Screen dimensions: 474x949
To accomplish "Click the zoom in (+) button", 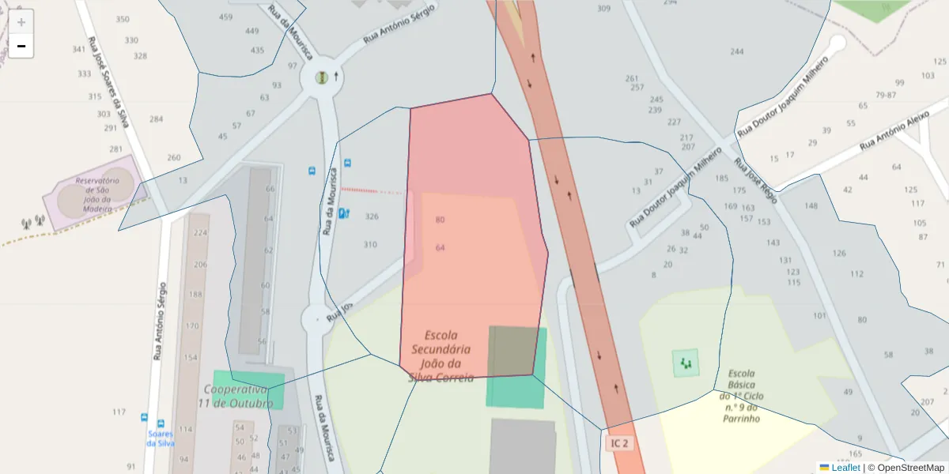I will point(21,21).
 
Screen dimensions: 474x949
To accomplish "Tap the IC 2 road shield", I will point(619,443).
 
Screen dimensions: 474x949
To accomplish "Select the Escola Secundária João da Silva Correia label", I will point(441,356).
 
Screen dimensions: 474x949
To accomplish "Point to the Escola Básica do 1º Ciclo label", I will point(741,395).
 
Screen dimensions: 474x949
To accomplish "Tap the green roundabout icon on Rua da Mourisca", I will point(321,77).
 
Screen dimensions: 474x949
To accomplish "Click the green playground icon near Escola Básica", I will point(685,363).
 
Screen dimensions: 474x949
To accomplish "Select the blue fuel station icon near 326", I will point(343,213).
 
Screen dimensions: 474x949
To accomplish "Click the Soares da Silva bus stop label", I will point(160,438).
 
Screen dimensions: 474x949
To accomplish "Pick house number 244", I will point(737,52).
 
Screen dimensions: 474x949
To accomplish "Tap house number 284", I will point(156,119).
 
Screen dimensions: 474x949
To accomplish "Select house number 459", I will point(226,17).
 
